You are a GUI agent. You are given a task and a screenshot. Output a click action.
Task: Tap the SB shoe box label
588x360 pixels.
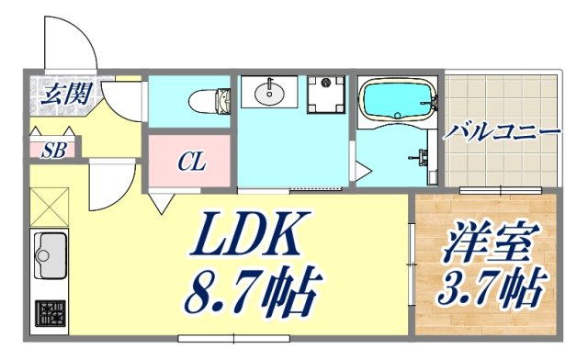53,150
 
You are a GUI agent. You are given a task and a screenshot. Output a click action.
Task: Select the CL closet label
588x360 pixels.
191,163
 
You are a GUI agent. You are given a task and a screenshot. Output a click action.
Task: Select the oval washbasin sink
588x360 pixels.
269,91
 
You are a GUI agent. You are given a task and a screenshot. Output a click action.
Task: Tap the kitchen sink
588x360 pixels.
50,253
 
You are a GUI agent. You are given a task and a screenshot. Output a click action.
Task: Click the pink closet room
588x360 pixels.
191,163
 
